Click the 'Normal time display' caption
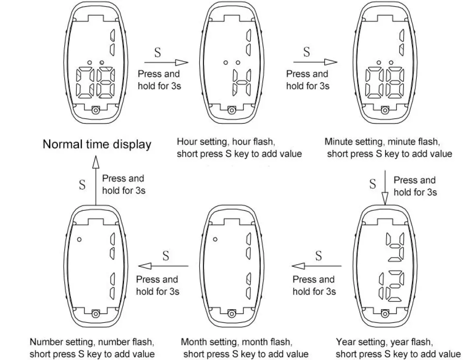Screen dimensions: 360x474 (x=97, y=144)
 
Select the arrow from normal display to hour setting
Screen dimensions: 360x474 (x=166, y=62)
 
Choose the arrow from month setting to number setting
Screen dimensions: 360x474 (x=163, y=266)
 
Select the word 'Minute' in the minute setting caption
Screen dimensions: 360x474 (x=338, y=142)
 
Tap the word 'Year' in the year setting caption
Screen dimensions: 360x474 (x=345, y=342)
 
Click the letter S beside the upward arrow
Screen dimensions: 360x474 (x=82, y=185)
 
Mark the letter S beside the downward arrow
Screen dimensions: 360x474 (x=373, y=185)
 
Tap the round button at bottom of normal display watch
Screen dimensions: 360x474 (x=95, y=110)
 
